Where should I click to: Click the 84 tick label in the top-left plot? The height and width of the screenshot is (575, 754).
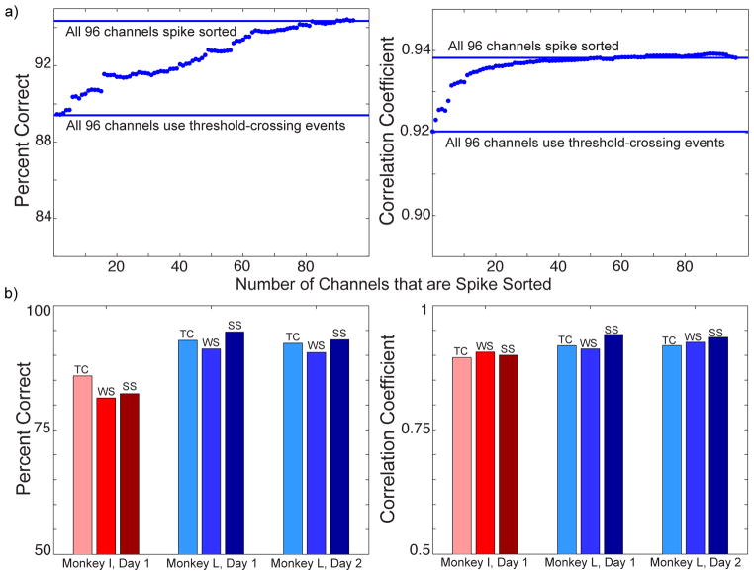pos(41,218)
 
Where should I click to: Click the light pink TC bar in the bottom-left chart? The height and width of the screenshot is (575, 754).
pos(83,465)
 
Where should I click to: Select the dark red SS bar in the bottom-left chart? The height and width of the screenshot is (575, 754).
pos(130,474)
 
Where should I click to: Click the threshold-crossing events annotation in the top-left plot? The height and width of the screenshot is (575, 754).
pos(205,126)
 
